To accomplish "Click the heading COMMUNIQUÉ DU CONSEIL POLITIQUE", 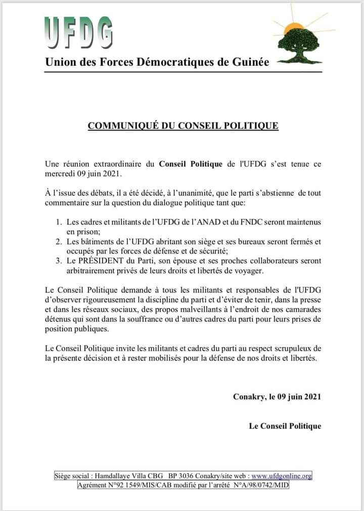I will [x=183, y=125].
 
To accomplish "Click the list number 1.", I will [x=58, y=222].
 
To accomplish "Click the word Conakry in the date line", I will [x=249, y=397].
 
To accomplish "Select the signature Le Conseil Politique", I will [x=285, y=426].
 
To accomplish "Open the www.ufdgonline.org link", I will [x=282, y=476].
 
